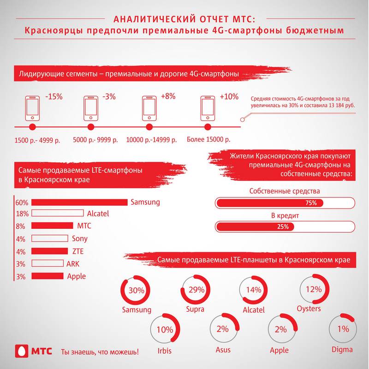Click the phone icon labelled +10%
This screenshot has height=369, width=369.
[207, 107]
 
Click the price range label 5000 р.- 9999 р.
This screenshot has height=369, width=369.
[95, 139]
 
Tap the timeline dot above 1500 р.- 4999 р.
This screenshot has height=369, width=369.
[32, 127]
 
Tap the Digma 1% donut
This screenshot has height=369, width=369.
[342, 329]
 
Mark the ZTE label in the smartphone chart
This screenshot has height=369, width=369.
[78, 251]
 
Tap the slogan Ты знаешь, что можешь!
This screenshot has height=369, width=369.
[100, 351]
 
